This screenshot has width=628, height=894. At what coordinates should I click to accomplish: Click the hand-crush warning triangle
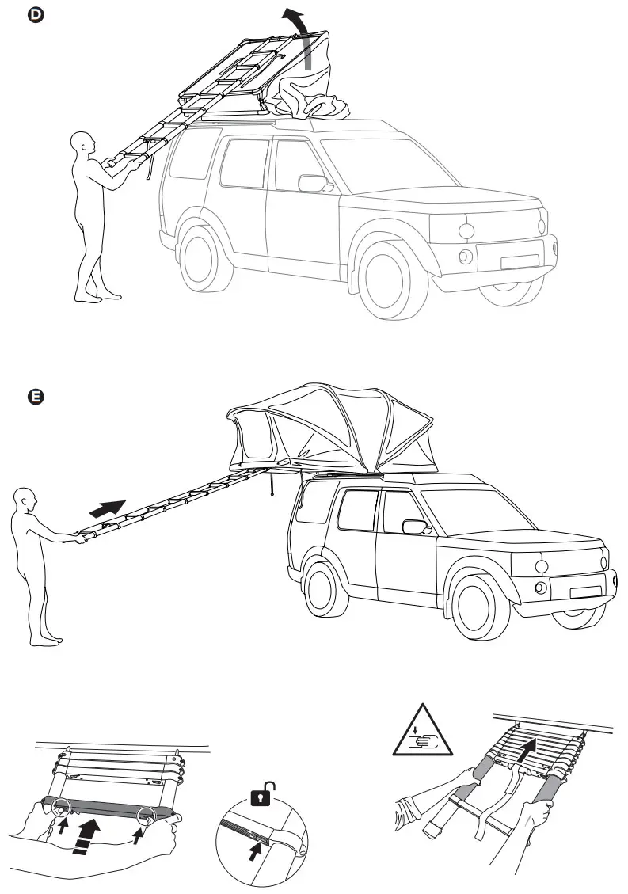point(423,734)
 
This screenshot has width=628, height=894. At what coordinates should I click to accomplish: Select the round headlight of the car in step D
point(466,230)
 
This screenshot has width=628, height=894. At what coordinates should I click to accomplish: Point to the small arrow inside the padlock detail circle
point(255,850)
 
